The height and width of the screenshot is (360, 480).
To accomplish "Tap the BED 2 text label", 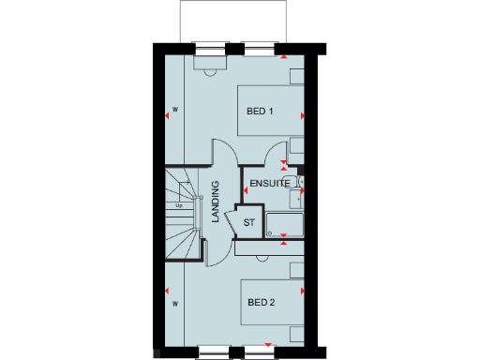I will [260, 303].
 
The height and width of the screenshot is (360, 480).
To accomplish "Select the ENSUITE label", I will [268, 185].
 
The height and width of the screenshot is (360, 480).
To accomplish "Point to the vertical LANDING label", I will [216, 202].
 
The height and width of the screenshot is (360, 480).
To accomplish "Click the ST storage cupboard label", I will [248, 223].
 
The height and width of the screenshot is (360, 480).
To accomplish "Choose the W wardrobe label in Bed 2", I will [175, 304].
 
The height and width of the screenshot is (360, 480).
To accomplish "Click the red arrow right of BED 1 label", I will [302, 115].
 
